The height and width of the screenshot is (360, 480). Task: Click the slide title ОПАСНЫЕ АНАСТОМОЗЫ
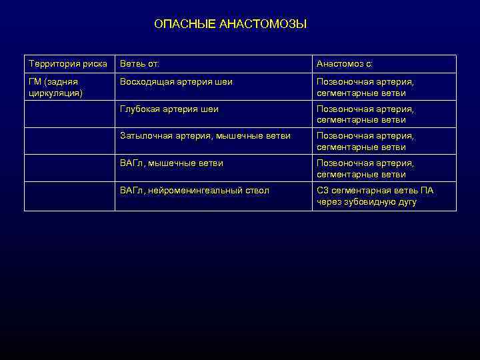coord(230,24)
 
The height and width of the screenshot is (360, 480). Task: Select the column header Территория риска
coord(67,64)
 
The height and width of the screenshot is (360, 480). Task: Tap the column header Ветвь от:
coord(140,64)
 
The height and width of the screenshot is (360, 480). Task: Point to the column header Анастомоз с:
coord(345,64)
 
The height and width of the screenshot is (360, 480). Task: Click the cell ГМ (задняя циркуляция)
coord(56,87)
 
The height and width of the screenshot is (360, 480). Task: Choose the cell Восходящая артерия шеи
coord(176,81)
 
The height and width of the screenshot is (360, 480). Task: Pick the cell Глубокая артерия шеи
coord(169,109)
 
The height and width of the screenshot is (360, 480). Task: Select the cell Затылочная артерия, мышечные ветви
coord(205,136)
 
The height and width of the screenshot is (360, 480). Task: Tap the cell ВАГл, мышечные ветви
coord(171,163)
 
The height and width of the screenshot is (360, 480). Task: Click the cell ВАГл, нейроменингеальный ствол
coord(195,191)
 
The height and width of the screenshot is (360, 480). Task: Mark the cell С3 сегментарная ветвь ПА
coord(375,196)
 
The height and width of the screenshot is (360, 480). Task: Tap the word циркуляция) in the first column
coord(56,93)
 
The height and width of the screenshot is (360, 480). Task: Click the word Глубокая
coord(139,109)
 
